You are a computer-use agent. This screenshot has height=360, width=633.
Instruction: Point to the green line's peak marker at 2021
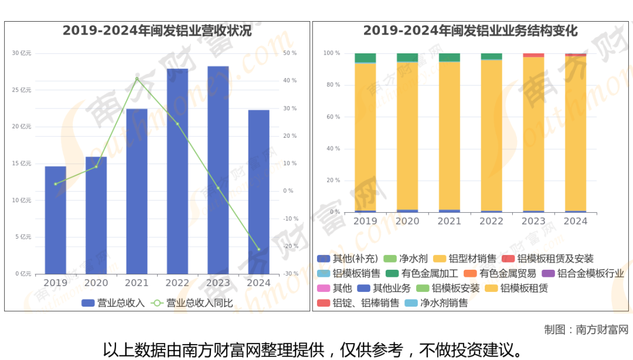137,79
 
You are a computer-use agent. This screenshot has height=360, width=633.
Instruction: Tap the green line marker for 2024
258,249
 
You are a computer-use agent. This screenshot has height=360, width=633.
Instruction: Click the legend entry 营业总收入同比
193,303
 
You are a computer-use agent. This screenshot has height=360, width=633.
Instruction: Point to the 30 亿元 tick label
22,53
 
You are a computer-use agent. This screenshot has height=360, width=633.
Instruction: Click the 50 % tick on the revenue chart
290,53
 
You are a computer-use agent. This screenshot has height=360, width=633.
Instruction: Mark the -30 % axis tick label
291,274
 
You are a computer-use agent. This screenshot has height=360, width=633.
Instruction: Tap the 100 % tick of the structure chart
332,53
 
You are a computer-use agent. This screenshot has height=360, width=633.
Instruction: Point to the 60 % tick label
333,117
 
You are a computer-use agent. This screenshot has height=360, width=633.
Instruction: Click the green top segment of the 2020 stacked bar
407,57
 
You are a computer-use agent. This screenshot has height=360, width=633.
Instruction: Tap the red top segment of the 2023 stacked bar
533,55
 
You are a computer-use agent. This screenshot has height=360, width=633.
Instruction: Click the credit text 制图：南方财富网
586,330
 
